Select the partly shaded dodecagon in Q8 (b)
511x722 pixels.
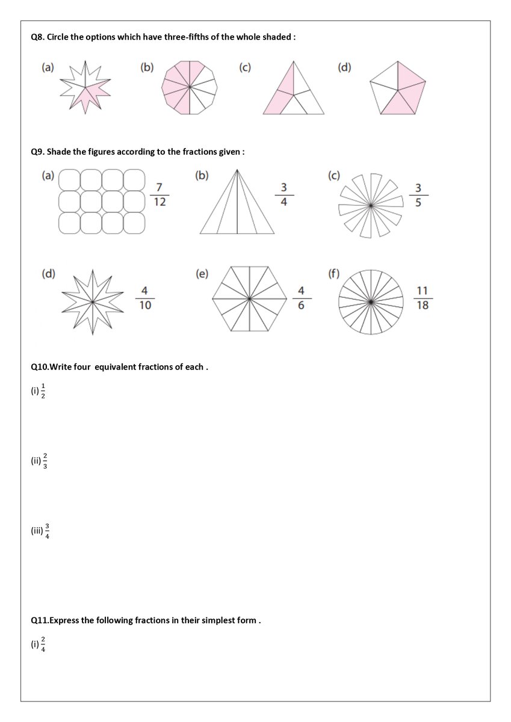(x=189, y=87)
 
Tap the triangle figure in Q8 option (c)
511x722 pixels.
(x=293, y=89)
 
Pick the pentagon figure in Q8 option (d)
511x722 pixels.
(x=397, y=88)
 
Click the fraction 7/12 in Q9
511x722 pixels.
(x=159, y=195)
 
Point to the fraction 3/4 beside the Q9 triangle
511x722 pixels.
(x=284, y=195)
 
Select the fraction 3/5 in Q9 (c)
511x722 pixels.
(x=418, y=195)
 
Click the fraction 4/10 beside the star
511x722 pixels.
(x=145, y=298)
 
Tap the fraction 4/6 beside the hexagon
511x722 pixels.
(x=301, y=298)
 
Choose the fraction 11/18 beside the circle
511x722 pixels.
(x=423, y=298)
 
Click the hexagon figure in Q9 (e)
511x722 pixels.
(x=249, y=298)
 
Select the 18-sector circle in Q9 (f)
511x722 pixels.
(x=371, y=301)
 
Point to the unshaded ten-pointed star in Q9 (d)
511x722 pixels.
(x=91, y=301)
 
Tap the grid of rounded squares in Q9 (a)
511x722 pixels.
(x=102, y=201)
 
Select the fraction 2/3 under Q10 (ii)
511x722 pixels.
(x=45, y=461)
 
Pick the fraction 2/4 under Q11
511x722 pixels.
(x=43, y=644)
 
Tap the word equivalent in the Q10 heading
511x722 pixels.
(x=116, y=366)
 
